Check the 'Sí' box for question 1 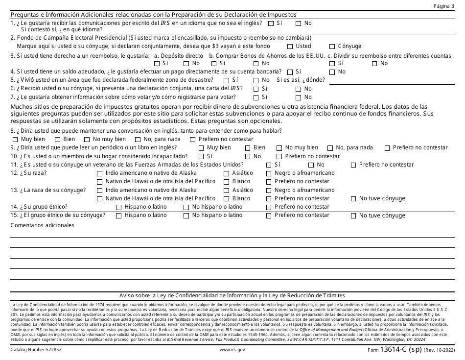coord(271,23)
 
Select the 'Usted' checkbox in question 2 coord(290,47)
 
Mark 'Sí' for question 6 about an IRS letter coord(256,89)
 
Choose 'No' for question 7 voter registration coord(298,97)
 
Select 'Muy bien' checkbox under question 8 coord(15,139)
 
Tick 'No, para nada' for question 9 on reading coord(330,148)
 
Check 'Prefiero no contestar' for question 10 coord(279,157)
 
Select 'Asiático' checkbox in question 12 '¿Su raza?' coord(226,173)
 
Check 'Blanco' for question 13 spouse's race coord(226,199)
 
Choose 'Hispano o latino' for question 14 coord(119,207)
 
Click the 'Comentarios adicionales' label coord(43,225)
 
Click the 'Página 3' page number coord(443,5)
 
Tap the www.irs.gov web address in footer coord(232,350)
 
